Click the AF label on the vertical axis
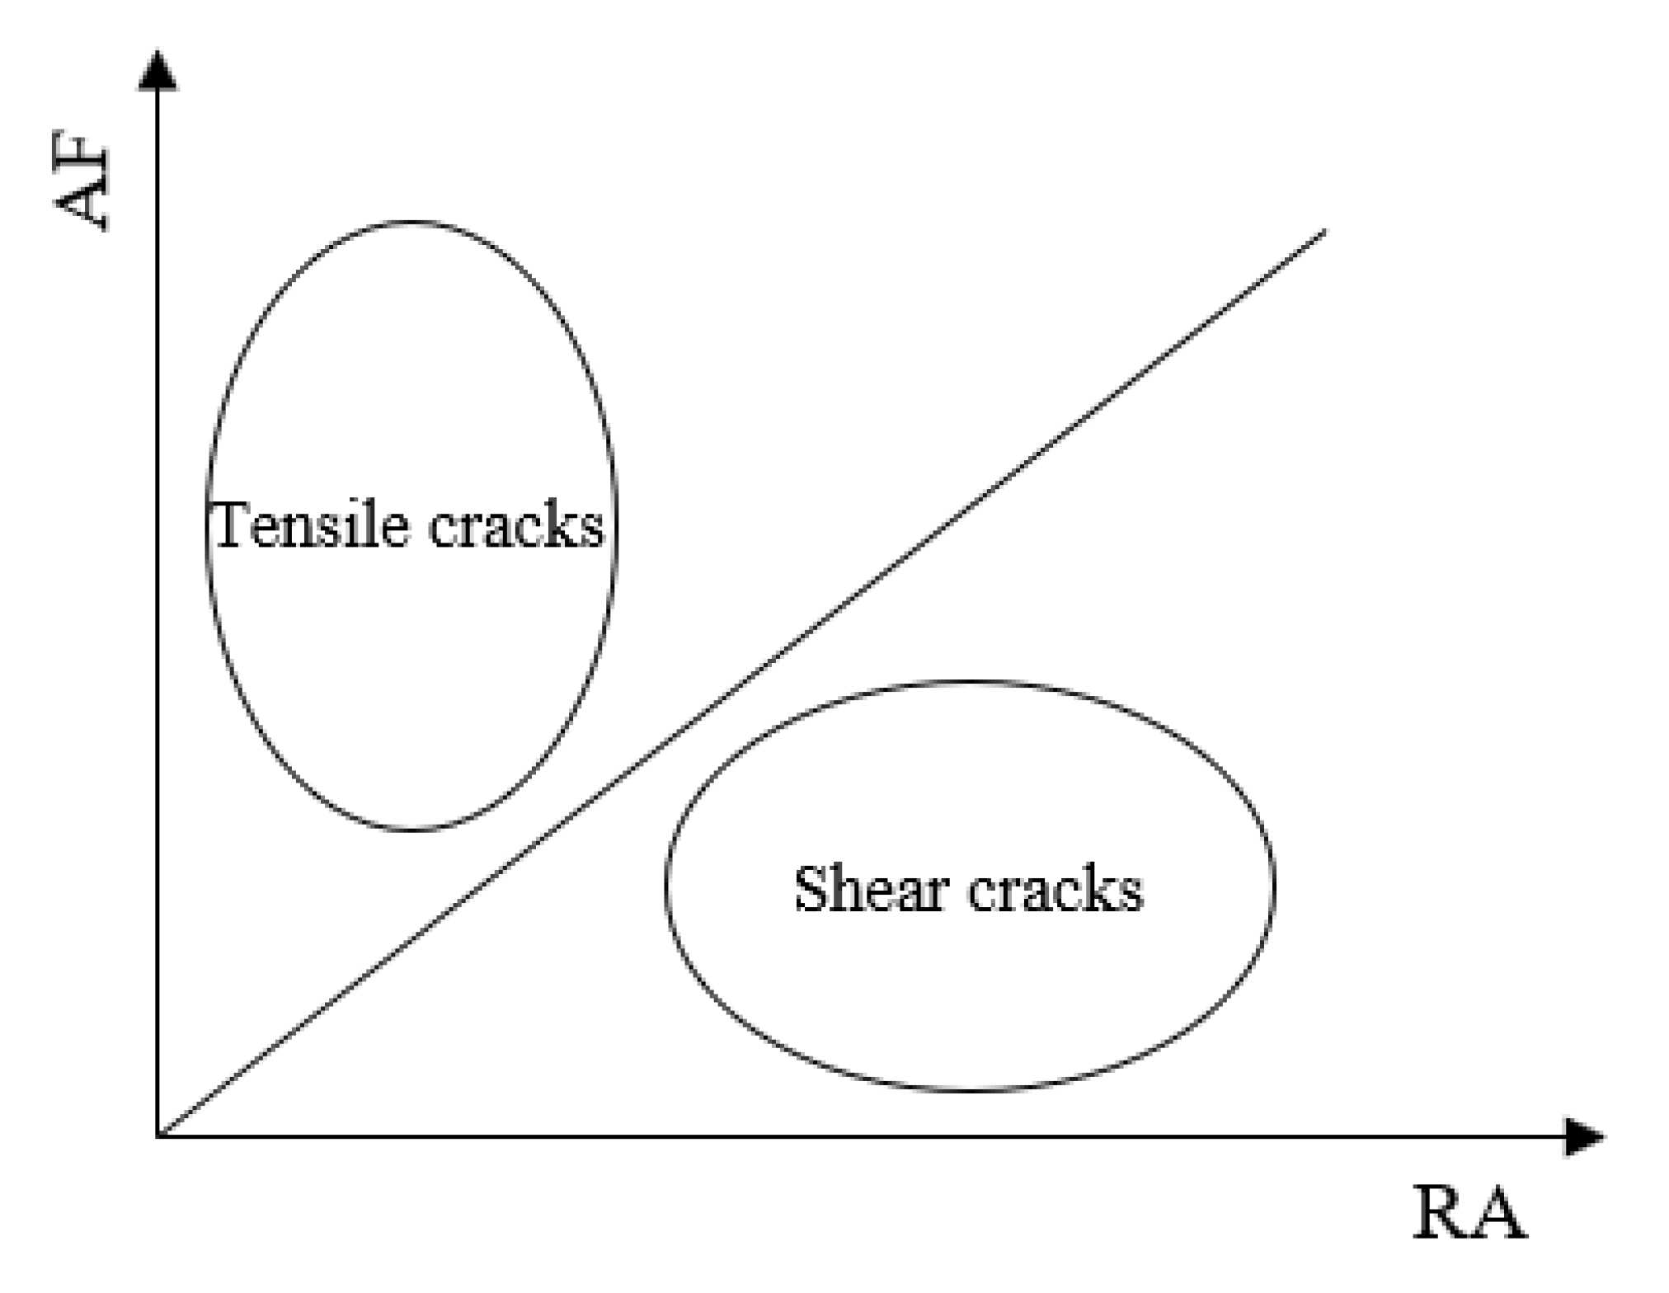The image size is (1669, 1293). pos(82,187)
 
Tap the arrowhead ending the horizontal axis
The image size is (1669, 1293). pos(1584,1137)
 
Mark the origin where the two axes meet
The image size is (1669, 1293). pos(157,1136)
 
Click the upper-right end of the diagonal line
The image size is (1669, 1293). pos(1324,232)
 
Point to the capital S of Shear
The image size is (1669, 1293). pos(811,890)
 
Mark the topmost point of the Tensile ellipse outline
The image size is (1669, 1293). pos(411,222)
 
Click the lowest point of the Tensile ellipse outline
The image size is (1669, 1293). pos(411,829)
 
